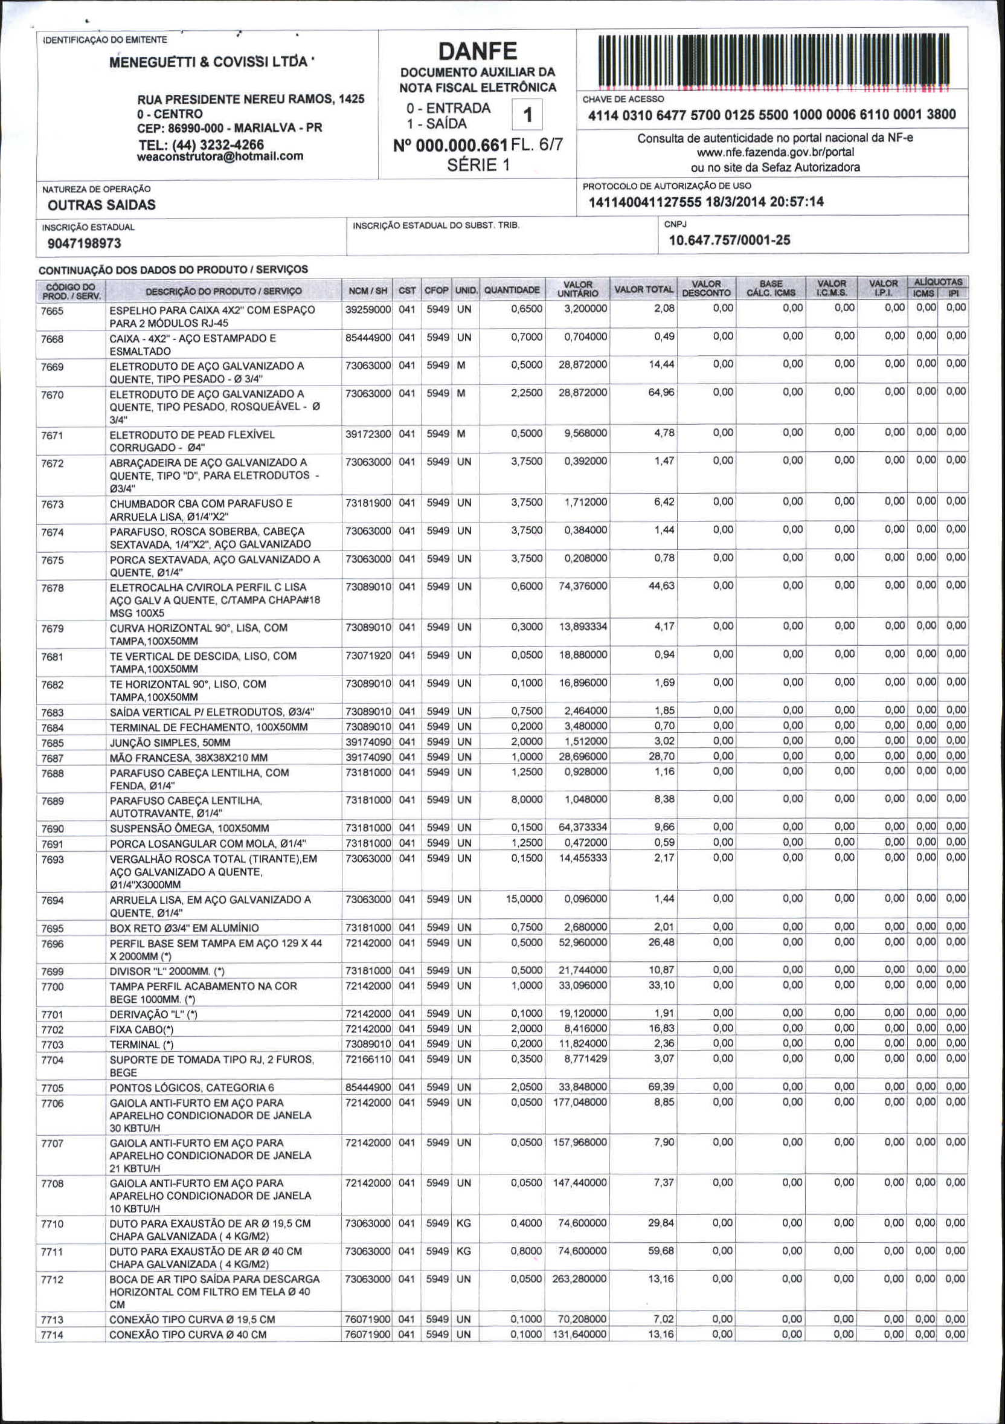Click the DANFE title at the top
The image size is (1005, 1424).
tap(477, 51)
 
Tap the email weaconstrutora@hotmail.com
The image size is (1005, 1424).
tap(220, 156)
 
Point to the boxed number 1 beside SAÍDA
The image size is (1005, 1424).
tap(528, 115)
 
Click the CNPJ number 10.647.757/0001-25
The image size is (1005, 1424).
tap(729, 240)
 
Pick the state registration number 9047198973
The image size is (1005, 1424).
tap(85, 243)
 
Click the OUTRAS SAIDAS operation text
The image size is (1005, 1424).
tap(101, 205)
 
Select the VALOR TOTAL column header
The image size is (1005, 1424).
tap(643, 289)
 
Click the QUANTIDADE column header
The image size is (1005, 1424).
tap(512, 289)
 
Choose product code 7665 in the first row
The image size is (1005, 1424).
tap(52, 311)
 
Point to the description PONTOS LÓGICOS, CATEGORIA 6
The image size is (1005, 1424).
tap(191, 1087)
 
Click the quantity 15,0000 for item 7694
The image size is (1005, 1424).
tap(524, 898)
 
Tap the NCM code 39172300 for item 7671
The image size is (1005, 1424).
tap(368, 434)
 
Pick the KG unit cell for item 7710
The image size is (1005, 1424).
tap(464, 1223)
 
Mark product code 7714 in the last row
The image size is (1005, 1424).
tap(52, 1335)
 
